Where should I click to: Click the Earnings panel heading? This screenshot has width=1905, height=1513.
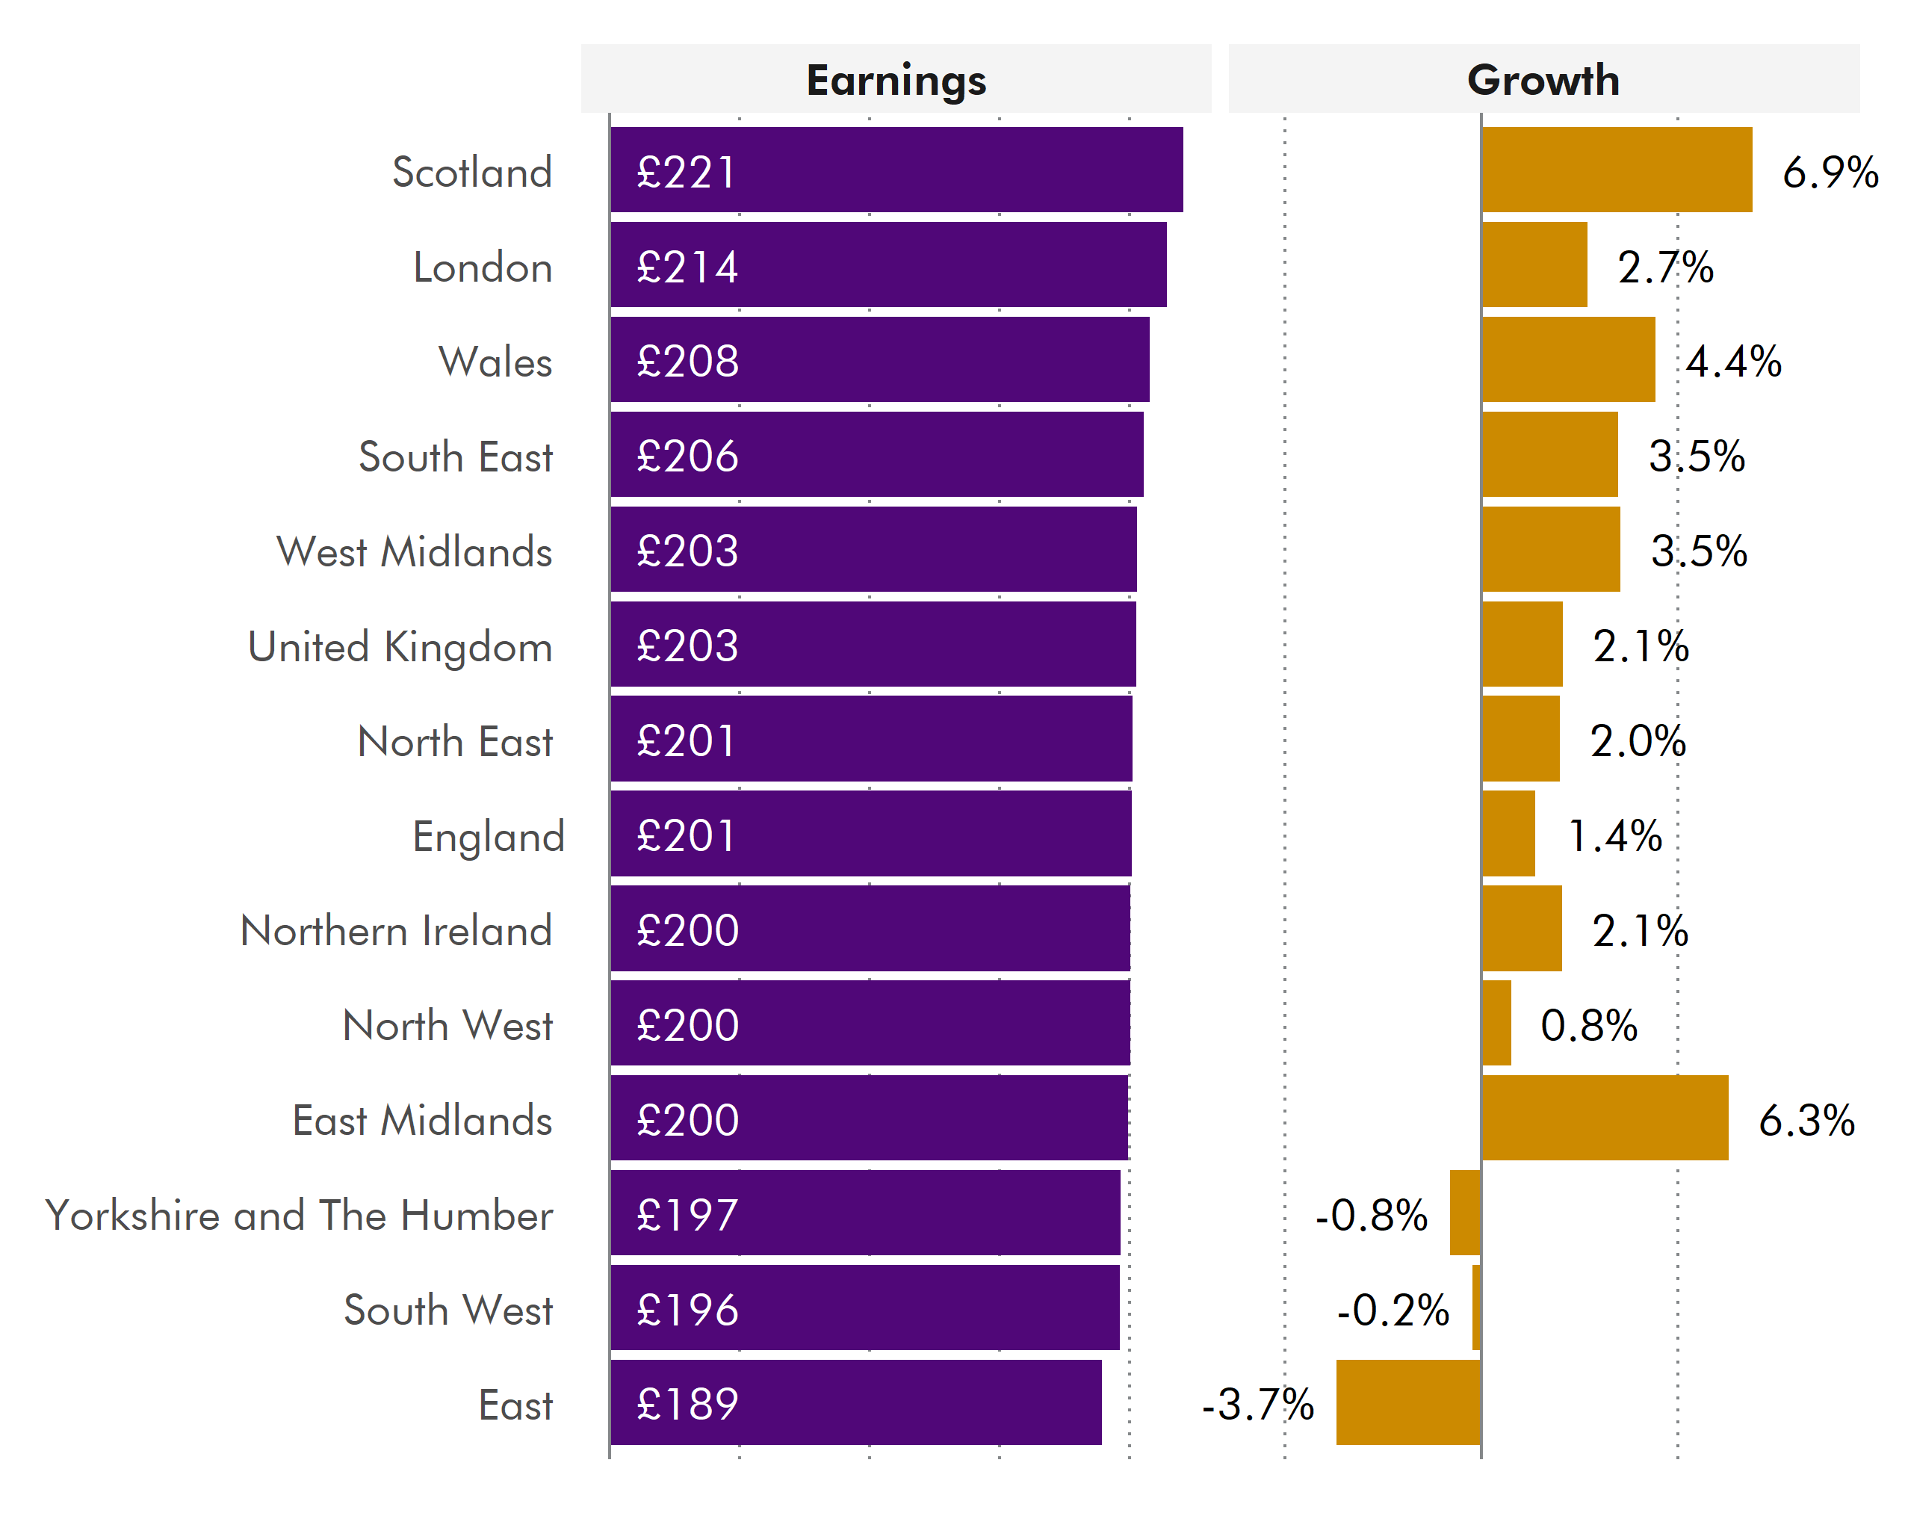click(x=895, y=81)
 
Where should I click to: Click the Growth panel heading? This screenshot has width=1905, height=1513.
click(x=1543, y=81)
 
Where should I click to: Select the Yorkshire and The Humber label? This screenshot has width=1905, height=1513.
click(x=299, y=1215)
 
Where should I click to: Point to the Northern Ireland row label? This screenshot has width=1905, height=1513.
click(x=396, y=931)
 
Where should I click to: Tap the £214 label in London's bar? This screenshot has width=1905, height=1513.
click(x=687, y=267)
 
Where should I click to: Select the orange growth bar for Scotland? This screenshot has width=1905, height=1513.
click(x=1616, y=170)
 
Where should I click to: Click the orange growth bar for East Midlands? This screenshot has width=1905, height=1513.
click(x=1605, y=1118)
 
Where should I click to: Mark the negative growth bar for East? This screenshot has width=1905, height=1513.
click(x=1408, y=1402)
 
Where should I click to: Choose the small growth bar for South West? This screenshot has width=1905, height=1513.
click(x=1475, y=1308)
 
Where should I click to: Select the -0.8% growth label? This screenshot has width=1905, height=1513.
click(x=1372, y=1215)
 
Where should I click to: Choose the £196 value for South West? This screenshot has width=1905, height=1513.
click(x=687, y=1309)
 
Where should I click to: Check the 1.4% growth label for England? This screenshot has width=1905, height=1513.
click(x=1614, y=835)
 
